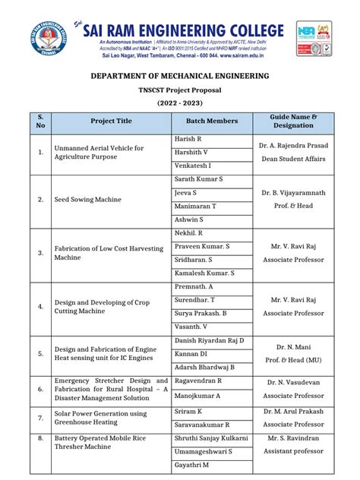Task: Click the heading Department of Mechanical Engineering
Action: click(x=180, y=77)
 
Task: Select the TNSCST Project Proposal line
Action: click(x=180, y=90)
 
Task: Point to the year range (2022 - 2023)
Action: click(x=180, y=103)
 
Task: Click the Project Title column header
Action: click(x=111, y=122)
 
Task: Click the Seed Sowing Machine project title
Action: click(x=87, y=200)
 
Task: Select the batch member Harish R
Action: click(x=188, y=140)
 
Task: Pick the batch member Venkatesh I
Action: click(x=193, y=165)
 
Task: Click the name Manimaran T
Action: click(x=195, y=206)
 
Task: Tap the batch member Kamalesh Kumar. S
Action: click(x=204, y=272)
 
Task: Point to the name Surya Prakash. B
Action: click(x=201, y=313)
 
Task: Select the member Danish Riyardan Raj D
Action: click(x=210, y=340)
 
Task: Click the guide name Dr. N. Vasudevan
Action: click(x=293, y=382)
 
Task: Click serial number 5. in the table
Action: click(x=40, y=353)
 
